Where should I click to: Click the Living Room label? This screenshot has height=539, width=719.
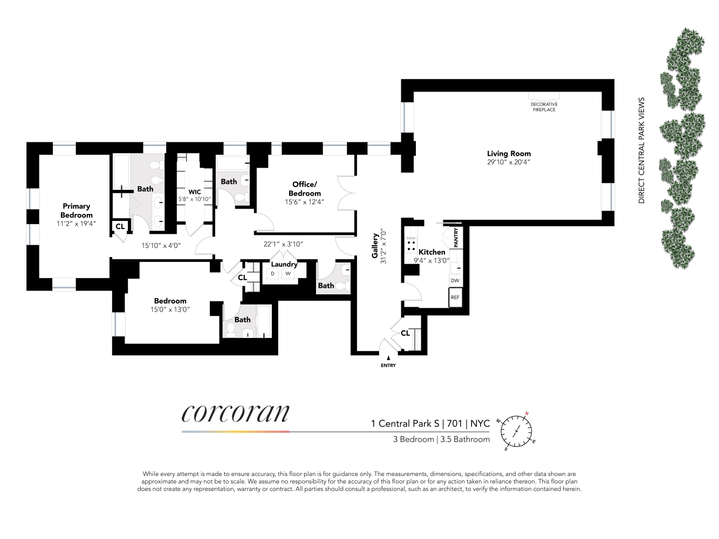[509, 154]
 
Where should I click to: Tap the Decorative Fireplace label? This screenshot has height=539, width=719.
[544, 107]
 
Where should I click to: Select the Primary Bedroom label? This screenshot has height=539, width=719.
[76, 210]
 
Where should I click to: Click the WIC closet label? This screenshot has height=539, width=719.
[195, 192]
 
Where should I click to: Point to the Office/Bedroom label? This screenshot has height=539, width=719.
[305, 189]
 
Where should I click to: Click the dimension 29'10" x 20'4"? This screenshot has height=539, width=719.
[509, 162]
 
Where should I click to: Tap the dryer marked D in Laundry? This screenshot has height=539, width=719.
[273, 274]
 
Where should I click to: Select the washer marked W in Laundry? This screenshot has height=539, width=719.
[288, 274]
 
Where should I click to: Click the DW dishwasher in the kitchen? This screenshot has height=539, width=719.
[455, 281]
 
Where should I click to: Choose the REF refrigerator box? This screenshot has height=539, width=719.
[455, 298]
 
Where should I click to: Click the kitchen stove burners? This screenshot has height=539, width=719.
[411, 246]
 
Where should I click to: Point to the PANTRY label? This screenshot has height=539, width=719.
[456, 238]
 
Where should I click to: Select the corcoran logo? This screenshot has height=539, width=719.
[236, 414]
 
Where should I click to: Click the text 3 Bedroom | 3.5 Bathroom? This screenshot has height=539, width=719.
[441, 439]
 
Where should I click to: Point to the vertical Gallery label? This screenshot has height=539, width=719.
[375, 245]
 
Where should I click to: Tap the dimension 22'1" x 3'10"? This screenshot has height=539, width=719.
[283, 244]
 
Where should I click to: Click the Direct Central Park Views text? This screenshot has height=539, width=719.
[641, 150]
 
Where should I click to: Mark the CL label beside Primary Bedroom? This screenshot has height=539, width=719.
[120, 226]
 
